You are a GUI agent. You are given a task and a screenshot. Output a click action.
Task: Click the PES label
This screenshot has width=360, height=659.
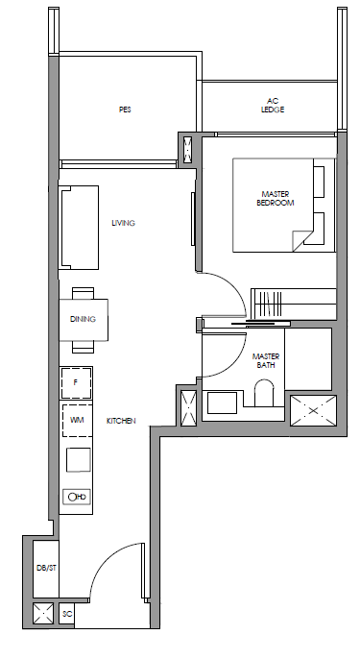[125, 110]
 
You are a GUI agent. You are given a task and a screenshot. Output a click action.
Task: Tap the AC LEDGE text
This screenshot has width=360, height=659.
[273, 106]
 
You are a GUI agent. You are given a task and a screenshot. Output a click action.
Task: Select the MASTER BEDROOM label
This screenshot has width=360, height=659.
[276, 198]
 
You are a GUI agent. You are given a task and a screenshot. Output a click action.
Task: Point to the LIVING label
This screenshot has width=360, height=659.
[124, 223]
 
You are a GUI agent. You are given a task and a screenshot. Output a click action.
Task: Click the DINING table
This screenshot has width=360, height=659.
[84, 319]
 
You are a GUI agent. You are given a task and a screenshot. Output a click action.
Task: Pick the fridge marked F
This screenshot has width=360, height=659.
[76, 382]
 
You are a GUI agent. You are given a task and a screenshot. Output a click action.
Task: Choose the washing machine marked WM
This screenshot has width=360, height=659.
[77, 420]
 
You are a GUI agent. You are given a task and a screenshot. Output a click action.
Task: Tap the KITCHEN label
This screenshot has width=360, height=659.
[121, 421]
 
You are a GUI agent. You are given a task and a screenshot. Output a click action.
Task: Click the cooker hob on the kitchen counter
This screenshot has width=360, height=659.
[78, 497]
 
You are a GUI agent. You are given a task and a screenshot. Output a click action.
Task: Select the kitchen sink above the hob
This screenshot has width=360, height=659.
[78, 460]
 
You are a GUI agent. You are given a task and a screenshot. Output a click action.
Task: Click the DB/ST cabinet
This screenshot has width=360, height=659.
[46, 569]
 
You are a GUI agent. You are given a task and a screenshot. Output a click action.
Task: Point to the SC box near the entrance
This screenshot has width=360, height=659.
[66, 614]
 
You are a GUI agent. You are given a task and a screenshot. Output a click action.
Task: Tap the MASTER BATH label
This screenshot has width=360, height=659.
[266, 360]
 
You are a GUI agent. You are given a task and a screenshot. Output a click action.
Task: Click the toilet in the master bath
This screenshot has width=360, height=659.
[265, 393]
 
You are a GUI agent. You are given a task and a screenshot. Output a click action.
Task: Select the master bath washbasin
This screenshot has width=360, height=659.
[222, 403]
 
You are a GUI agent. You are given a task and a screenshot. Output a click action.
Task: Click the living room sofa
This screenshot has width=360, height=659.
[80, 228]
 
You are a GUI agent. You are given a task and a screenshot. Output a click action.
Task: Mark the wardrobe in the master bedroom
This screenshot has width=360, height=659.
[294, 304]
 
